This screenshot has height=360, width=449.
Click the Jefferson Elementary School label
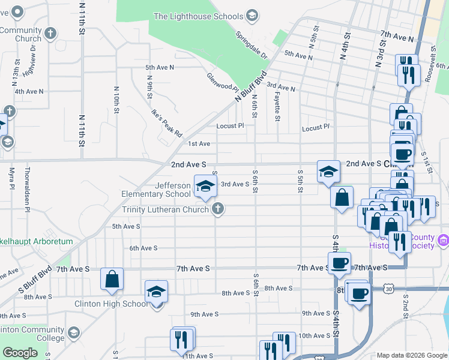point(156,190)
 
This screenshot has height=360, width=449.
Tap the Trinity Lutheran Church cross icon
point(218,209)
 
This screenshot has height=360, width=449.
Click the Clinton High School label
point(111,304)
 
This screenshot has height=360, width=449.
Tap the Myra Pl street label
point(11,178)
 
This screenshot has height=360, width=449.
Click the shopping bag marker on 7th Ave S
point(112,278)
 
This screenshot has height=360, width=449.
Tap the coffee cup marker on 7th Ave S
point(339,262)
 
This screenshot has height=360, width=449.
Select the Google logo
point(20,353)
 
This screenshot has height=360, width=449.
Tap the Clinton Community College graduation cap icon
point(74,332)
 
